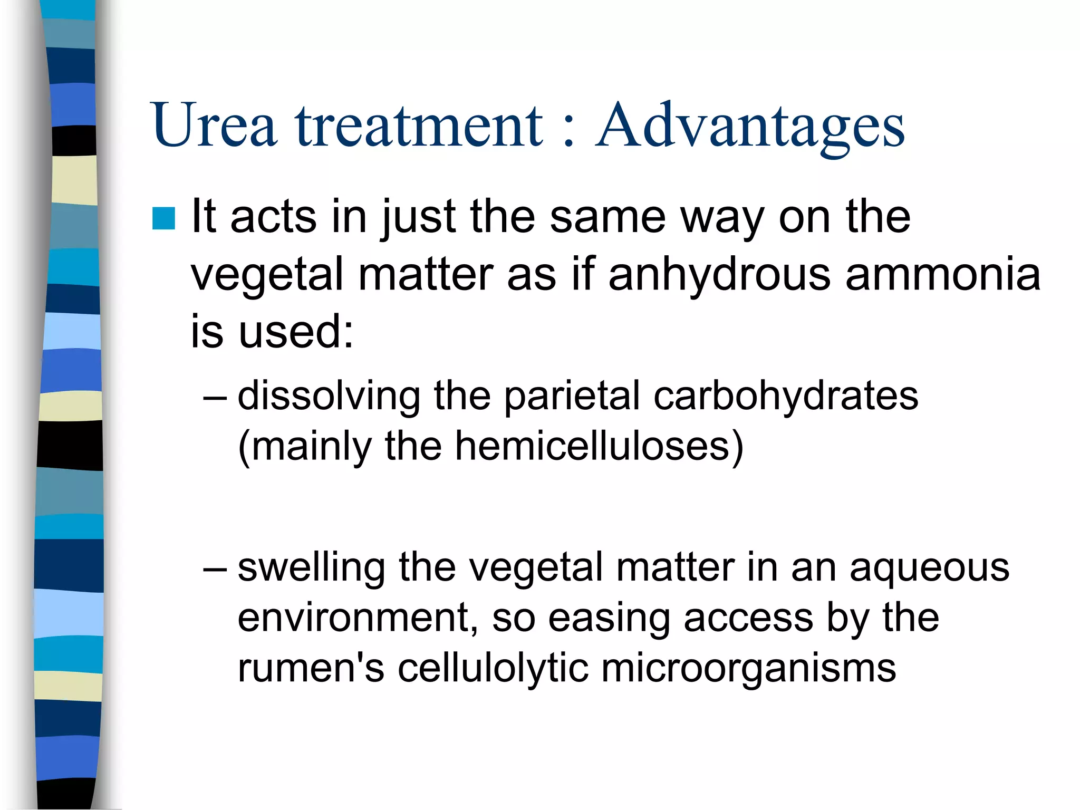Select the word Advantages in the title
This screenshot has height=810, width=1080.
[x=750, y=127]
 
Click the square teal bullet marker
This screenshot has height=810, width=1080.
[x=163, y=218]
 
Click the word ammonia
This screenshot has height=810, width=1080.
[x=943, y=274]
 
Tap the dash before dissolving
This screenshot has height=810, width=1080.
[x=215, y=397]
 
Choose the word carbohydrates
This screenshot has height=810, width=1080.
[x=786, y=396]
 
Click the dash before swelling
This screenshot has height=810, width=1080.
[x=215, y=569]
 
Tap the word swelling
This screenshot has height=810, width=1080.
[x=311, y=568]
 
